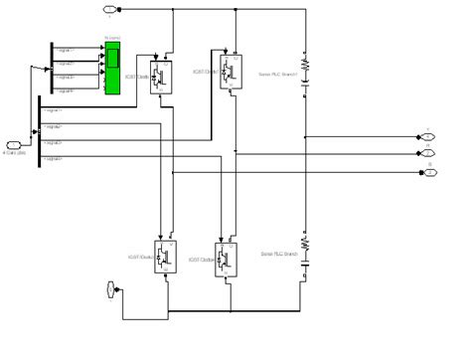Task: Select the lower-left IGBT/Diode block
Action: [x=165, y=255]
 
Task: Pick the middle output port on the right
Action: [x=428, y=153]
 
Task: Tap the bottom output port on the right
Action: [x=428, y=171]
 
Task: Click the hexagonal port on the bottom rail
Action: [x=112, y=289]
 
